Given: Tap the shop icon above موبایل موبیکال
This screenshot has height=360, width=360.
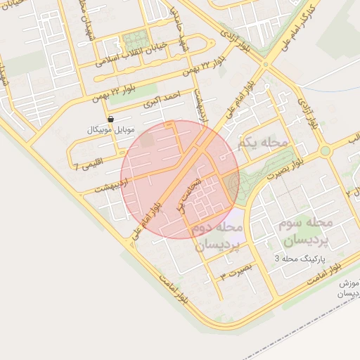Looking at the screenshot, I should (x=111, y=120).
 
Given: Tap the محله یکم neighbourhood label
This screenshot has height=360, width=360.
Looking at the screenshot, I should (x=264, y=143).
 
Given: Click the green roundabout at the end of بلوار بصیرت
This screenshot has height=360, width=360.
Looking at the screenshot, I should (x=325, y=150).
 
